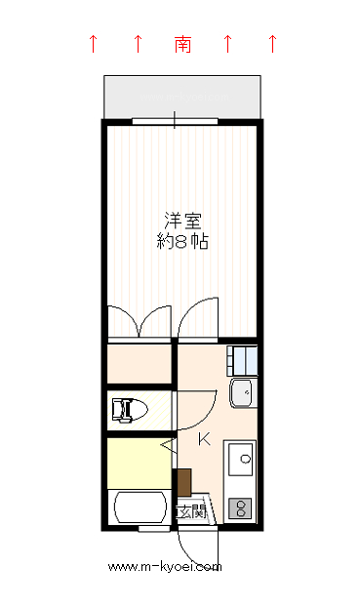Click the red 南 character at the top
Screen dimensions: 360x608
point(182,44)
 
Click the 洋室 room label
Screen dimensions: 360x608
point(182,221)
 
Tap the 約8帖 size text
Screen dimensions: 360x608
point(182,242)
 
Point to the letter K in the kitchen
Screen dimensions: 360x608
point(204,439)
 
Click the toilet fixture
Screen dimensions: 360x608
point(130,410)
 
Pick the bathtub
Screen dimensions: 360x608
point(140,507)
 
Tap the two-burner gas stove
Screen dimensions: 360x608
point(240,508)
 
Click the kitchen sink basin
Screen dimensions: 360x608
point(241,460)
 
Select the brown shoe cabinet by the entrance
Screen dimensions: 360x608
point(184,483)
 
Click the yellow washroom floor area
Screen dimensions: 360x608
point(140,464)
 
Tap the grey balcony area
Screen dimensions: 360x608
point(182,97)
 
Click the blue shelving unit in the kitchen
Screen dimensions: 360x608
point(242,361)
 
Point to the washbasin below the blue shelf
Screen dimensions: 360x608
point(243,392)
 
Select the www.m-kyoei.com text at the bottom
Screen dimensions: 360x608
point(165,567)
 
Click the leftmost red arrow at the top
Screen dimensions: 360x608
point(93,43)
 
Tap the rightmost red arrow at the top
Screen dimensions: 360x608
point(273,43)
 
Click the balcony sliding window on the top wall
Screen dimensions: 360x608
point(176,121)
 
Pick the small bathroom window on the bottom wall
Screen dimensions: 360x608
point(154,528)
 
